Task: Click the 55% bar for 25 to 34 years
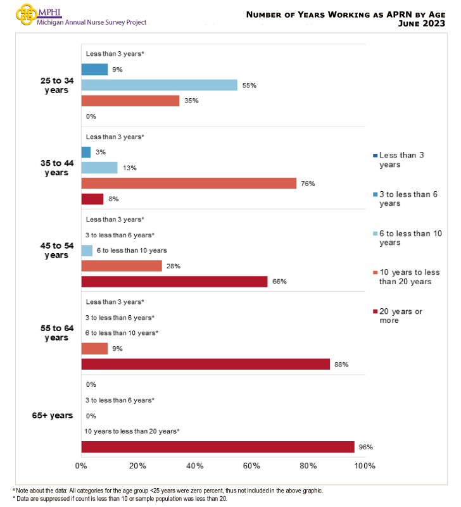159,85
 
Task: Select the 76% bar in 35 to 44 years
189,184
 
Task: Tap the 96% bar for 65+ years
218,447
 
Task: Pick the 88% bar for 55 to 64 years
205,364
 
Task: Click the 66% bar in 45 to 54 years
174,282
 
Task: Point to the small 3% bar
86,153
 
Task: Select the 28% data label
174,266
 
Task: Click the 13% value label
129,168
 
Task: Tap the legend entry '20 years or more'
401,315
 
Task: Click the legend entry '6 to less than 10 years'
405,238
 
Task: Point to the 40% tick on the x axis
194,466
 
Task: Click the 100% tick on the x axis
365,466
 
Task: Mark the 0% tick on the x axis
81,466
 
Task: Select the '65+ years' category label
53,416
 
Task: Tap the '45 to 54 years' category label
56,251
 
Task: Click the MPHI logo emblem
25,14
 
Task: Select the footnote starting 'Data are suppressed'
120,499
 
